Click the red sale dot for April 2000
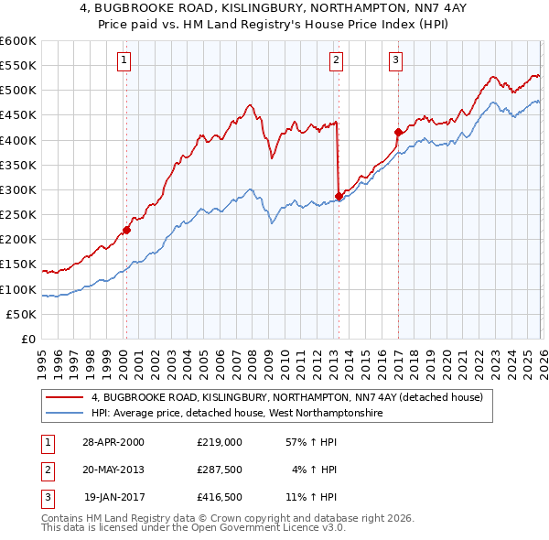(126, 230)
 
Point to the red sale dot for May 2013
(339, 196)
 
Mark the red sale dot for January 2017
(398, 132)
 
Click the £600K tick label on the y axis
(18, 41)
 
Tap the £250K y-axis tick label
(18, 215)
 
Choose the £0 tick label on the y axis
(27, 340)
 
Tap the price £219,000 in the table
(219, 441)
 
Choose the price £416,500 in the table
(219, 498)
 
